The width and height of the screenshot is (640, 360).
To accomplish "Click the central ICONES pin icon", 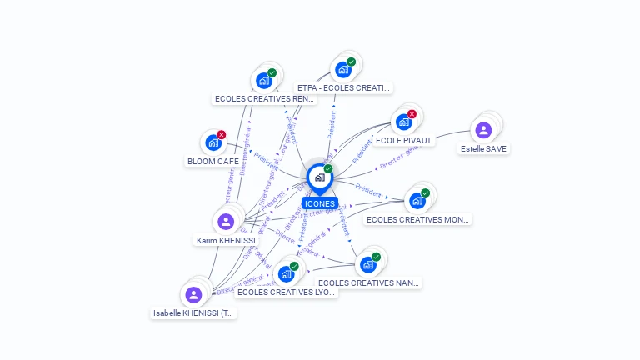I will coord(319,177).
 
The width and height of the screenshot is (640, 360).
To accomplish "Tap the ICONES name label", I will coord(320,203).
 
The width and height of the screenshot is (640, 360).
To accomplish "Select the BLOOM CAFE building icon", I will coord(213,142).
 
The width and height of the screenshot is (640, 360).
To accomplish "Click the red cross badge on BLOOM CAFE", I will coord(222,134).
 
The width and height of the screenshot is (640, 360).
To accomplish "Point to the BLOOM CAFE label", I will coord(213,161).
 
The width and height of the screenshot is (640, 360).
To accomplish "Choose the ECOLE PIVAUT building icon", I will coord(403,122).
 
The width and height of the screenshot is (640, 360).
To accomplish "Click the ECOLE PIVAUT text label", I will coord(403,140).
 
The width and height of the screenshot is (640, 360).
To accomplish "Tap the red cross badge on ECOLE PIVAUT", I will coord(412,114).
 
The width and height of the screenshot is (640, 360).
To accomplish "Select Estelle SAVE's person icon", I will coord(483,130).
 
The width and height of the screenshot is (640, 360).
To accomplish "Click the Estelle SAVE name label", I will coord(483,148).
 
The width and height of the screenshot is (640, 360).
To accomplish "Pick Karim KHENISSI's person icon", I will coord(225,222).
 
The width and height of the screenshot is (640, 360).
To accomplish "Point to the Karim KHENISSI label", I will coord(225,240).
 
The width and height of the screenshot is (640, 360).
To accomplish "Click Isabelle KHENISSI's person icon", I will coord(193,295).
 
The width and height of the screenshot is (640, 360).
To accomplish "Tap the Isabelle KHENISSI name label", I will coord(194,313).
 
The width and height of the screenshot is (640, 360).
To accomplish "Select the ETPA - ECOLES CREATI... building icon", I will coord(342,69).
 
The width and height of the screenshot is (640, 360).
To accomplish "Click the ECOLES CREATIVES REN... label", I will coord(265,98).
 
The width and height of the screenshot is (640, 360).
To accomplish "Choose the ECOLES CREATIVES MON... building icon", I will coord(417,200).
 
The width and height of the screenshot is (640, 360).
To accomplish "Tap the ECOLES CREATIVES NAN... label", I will coord(368,282).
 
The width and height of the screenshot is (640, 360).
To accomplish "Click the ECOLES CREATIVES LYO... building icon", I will coord(286,273).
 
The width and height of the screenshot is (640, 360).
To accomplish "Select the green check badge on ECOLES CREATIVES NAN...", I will coord(376,257).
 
